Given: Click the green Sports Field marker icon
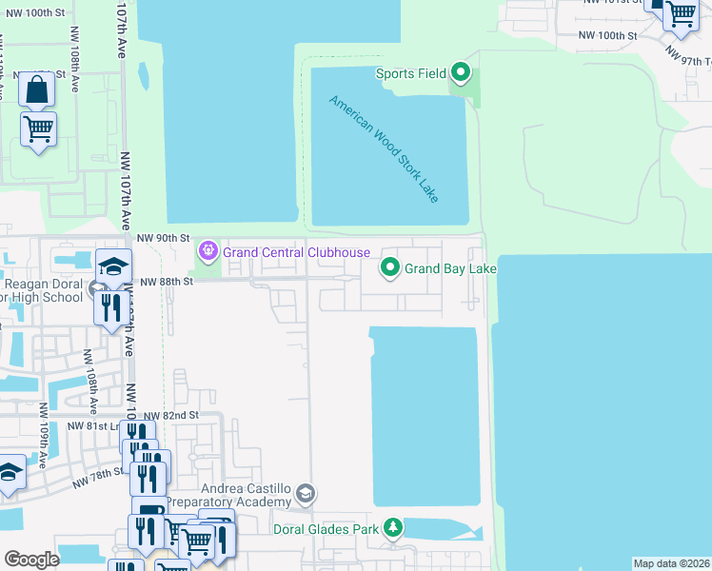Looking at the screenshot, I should pos(461,72).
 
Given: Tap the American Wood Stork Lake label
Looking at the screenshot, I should pos(385,148).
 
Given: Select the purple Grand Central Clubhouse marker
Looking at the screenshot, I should pos(208,252).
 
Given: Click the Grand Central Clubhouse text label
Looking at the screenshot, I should pos(296,252).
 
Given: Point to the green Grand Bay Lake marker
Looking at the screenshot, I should pos(390,269).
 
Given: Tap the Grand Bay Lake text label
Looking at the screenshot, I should pos(450,269).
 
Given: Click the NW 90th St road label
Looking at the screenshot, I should pos(164,237).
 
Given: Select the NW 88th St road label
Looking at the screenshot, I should pos(167,282).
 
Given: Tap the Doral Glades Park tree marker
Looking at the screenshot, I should pos(393,528).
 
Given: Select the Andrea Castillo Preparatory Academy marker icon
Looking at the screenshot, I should pos(305,494).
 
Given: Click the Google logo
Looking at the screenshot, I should pos(32,560).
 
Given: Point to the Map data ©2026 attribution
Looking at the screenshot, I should pos(671,563).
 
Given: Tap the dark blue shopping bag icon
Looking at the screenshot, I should pos(36,90).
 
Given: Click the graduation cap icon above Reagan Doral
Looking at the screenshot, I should pos(113,266).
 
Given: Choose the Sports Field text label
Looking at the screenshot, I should pos(410,73).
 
